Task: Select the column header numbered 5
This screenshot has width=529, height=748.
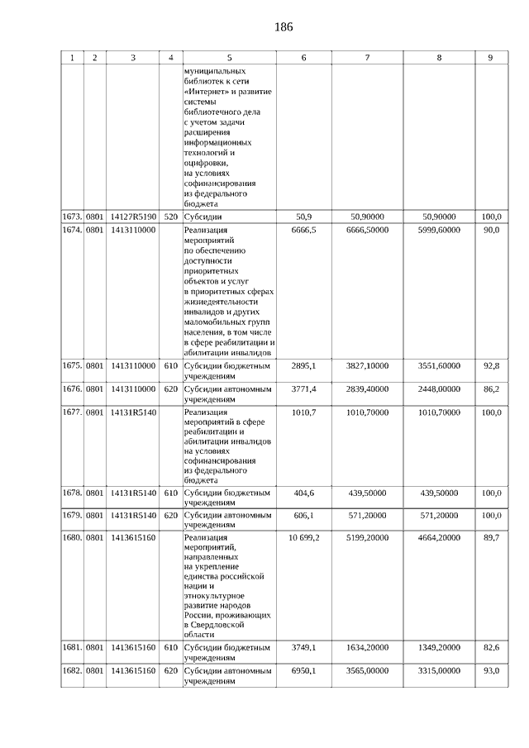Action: point(229,58)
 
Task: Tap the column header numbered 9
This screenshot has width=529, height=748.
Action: point(490,58)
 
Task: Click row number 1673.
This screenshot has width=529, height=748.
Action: point(73,217)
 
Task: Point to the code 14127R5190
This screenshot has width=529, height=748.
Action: point(133,217)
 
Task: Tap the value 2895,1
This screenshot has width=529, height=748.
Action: point(304,364)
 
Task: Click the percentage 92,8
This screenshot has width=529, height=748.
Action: point(490,364)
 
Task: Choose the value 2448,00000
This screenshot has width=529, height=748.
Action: point(439,388)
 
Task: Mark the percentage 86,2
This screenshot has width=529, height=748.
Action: point(490,388)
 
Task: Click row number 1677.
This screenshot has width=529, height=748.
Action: point(73,411)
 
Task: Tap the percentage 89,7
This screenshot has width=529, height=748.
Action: point(490,537)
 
